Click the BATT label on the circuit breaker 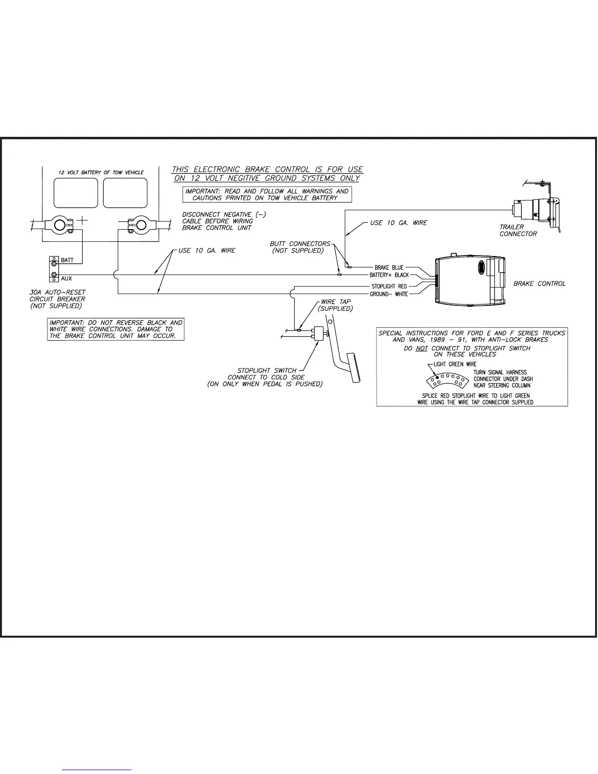[x=67, y=260]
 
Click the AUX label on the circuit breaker [x=66, y=279]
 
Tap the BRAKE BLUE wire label [x=389, y=267]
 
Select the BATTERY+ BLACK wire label [x=389, y=275]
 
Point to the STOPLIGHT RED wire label [x=389, y=286]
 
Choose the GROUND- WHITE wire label [x=389, y=294]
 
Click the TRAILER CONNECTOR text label [x=518, y=230]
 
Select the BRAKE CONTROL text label [x=539, y=283]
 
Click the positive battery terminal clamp [x=60, y=225]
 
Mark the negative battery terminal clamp [x=140, y=225]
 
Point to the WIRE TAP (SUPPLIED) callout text [x=335, y=305]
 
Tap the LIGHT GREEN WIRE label [x=455, y=364]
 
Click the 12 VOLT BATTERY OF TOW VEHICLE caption [x=101, y=172]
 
